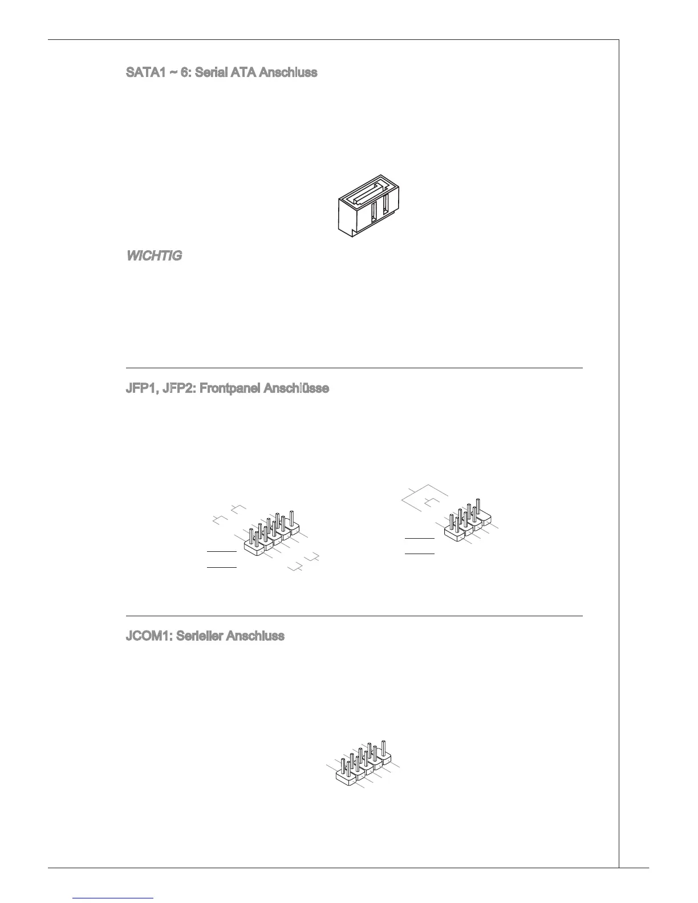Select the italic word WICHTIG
click(x=153, y=256)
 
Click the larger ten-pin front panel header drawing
click(x=271, y=534)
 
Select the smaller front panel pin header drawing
click(x=469, y=520)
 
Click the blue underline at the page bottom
click(x=113, y=898)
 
